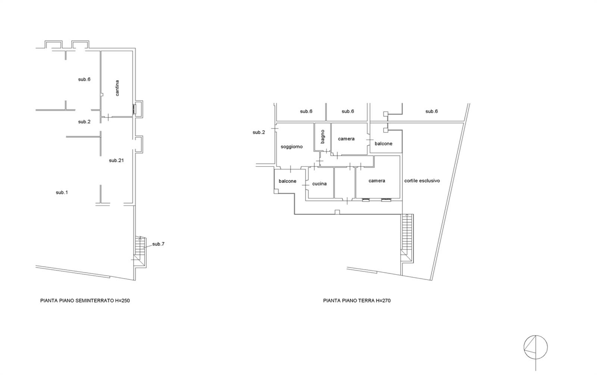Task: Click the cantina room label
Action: pyautogui.click(x=117, y=88)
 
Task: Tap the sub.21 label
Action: pyautogui.click(x=116, y=160)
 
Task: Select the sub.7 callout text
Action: pyautogui.click(x=158, y=244)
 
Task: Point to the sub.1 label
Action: pyautogui.click(x=62, y=193)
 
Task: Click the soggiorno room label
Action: pyautogui.click(x=291, y=147)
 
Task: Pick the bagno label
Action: pyautogui.click(x=322, y=137)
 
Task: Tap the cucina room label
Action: pyautogui.click(x=319, y=184)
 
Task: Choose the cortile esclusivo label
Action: pyautogui.click(x=422, y=181)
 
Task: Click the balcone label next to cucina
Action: pyautogui.click(x=287, y=181)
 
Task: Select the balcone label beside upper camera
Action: pyautogui.click(x=383, y=144)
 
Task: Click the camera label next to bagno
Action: pyautogui.click(x=346, y=139)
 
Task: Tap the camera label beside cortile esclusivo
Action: pyautogui.click(x=376, y=181)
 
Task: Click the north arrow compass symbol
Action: pyautogui.click(x=535, y=347)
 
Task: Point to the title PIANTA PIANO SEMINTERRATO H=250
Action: pyautogui.click(x=85, y=301)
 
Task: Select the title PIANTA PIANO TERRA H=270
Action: pyautogui.click(x=357, y=301)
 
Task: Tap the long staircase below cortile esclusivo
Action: pyautogui.click(x=407, y=238)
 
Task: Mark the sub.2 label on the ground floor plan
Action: pyautogui.click(x=259, y=132)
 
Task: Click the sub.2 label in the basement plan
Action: pyautogui.click(x=84, y=122)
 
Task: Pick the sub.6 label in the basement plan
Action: pyautogui.click(x=84, y=79)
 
